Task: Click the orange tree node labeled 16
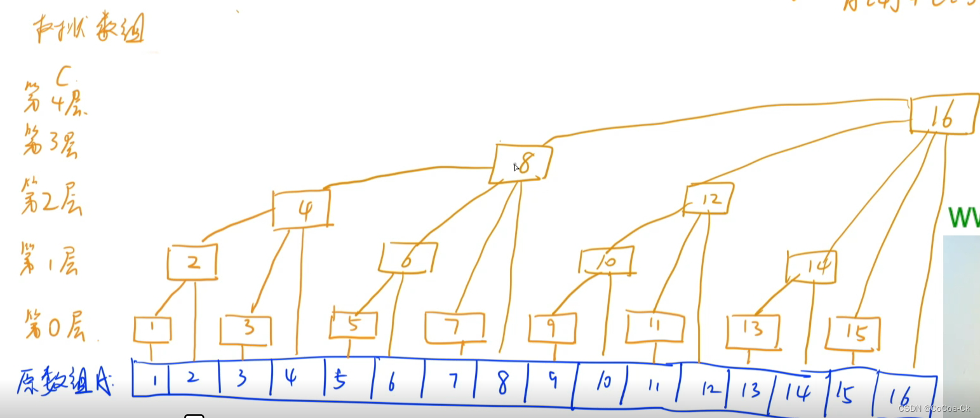[x=942, y=114]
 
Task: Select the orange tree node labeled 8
[x=523, y=163]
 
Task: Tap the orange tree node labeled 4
[x=302, y=208]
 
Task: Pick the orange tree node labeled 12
[x=709, y=198]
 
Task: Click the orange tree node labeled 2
[x=192, y=262]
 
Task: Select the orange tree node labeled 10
[x=607, y=261]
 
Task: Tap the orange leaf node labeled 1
[x=152, y=329]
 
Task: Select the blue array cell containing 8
[x=502, y=384]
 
